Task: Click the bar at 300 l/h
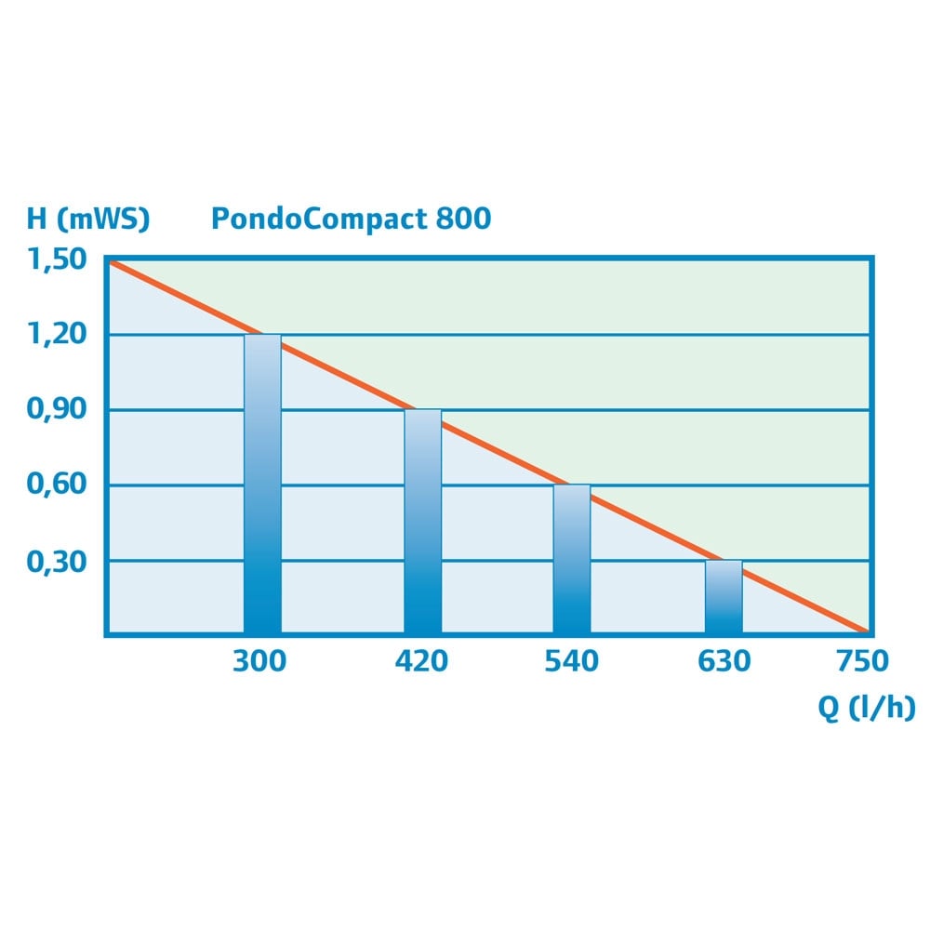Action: (x=262, y=484)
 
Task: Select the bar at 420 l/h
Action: (x=422, y=522)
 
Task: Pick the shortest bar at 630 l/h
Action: (x=724, y=597)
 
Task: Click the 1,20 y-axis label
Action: (x=58, y=335)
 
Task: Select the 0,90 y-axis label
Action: (x=58, y=410)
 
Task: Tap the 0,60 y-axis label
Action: (x=58, y=485)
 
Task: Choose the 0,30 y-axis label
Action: (x=58, y=561)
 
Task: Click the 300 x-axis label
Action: (x=259, y=662)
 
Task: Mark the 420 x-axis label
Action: (x=421, y=662)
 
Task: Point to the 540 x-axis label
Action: (x=571, y=662)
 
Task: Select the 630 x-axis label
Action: (x=724, y=662)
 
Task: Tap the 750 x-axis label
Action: (x=862, y=662)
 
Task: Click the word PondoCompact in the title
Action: (x=317, y=219)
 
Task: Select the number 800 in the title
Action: (x=461, y=219)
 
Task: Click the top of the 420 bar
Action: (x=422, y=411)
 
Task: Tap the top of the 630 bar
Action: (x=724, y=562)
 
